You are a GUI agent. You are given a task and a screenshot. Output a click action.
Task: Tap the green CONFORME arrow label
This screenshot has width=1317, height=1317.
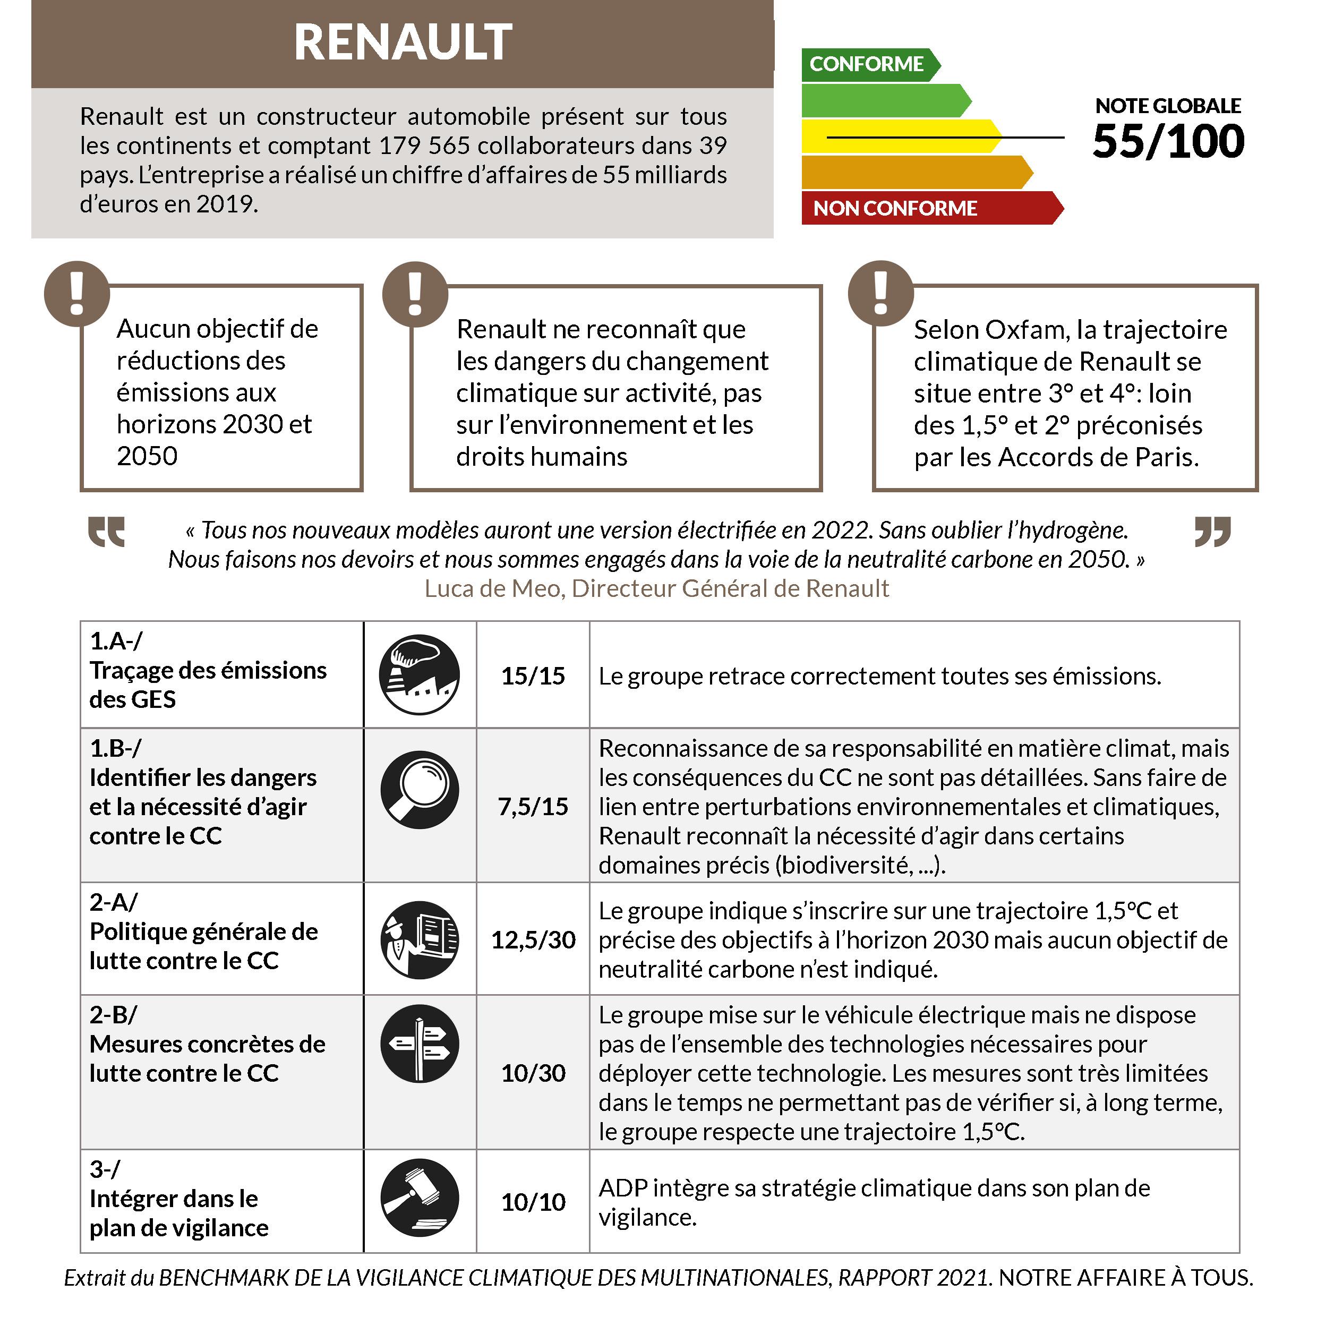(x=867, y=64)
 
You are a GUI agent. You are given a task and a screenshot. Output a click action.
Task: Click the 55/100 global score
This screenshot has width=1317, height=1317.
(x=1168, y=142)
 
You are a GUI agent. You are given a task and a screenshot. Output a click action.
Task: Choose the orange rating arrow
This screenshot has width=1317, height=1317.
(x=913, y=172)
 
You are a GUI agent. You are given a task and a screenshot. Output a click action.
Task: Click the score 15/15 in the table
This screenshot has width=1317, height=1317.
(x=533, y=675)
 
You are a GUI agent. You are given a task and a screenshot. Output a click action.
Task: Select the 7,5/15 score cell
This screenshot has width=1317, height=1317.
(x=533, y=807)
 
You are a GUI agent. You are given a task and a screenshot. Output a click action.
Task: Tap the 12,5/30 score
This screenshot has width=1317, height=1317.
(x=533, y=940)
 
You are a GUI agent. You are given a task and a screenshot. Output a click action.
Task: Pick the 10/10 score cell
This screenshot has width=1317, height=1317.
(x=533, y=1202)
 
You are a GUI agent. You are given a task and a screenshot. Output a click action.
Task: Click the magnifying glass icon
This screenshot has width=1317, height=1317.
(x=419, y=789)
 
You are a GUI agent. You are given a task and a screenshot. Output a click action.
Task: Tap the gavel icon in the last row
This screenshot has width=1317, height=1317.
(x=419, y=1198)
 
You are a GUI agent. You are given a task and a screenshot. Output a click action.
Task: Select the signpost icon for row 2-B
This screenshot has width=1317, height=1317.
(x=419, y=1044)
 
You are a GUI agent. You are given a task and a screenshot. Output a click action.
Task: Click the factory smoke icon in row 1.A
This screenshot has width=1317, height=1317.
(x=419, y=675)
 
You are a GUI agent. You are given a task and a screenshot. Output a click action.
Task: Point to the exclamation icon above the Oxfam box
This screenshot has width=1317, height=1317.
(x=880, y=294)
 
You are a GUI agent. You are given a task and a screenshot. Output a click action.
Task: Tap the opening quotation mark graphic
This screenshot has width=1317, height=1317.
(x=106, y=532)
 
